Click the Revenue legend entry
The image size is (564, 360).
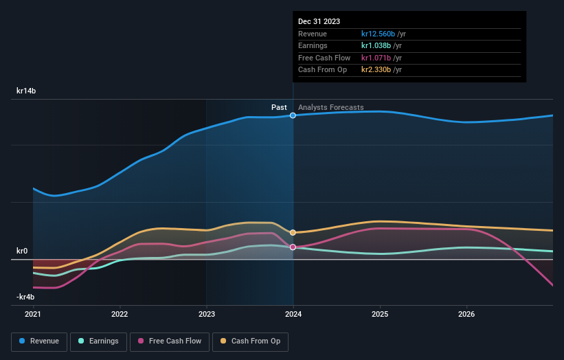(39, 341)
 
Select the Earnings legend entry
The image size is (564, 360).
(98, 341)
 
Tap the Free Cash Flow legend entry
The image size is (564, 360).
(170, 341)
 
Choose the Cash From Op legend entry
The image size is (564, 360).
(251, 341)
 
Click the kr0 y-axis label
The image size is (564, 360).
(22, 251)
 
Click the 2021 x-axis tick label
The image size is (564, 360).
(33, 314)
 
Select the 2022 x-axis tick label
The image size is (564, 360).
(120, 314)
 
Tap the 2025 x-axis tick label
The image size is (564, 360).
(380, 314)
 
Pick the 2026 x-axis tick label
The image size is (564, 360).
(466, 314)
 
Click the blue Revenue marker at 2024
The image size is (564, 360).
(293, 115)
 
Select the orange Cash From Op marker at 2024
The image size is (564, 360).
(293, 233)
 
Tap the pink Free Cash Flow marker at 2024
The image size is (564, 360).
(293, 247)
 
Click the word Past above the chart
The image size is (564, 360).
(279, 107)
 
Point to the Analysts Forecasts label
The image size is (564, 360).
(331, 107)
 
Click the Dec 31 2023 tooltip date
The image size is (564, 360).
(319, 22)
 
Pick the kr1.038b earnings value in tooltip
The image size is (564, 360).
(376, 46)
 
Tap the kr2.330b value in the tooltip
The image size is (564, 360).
(376, 70)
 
